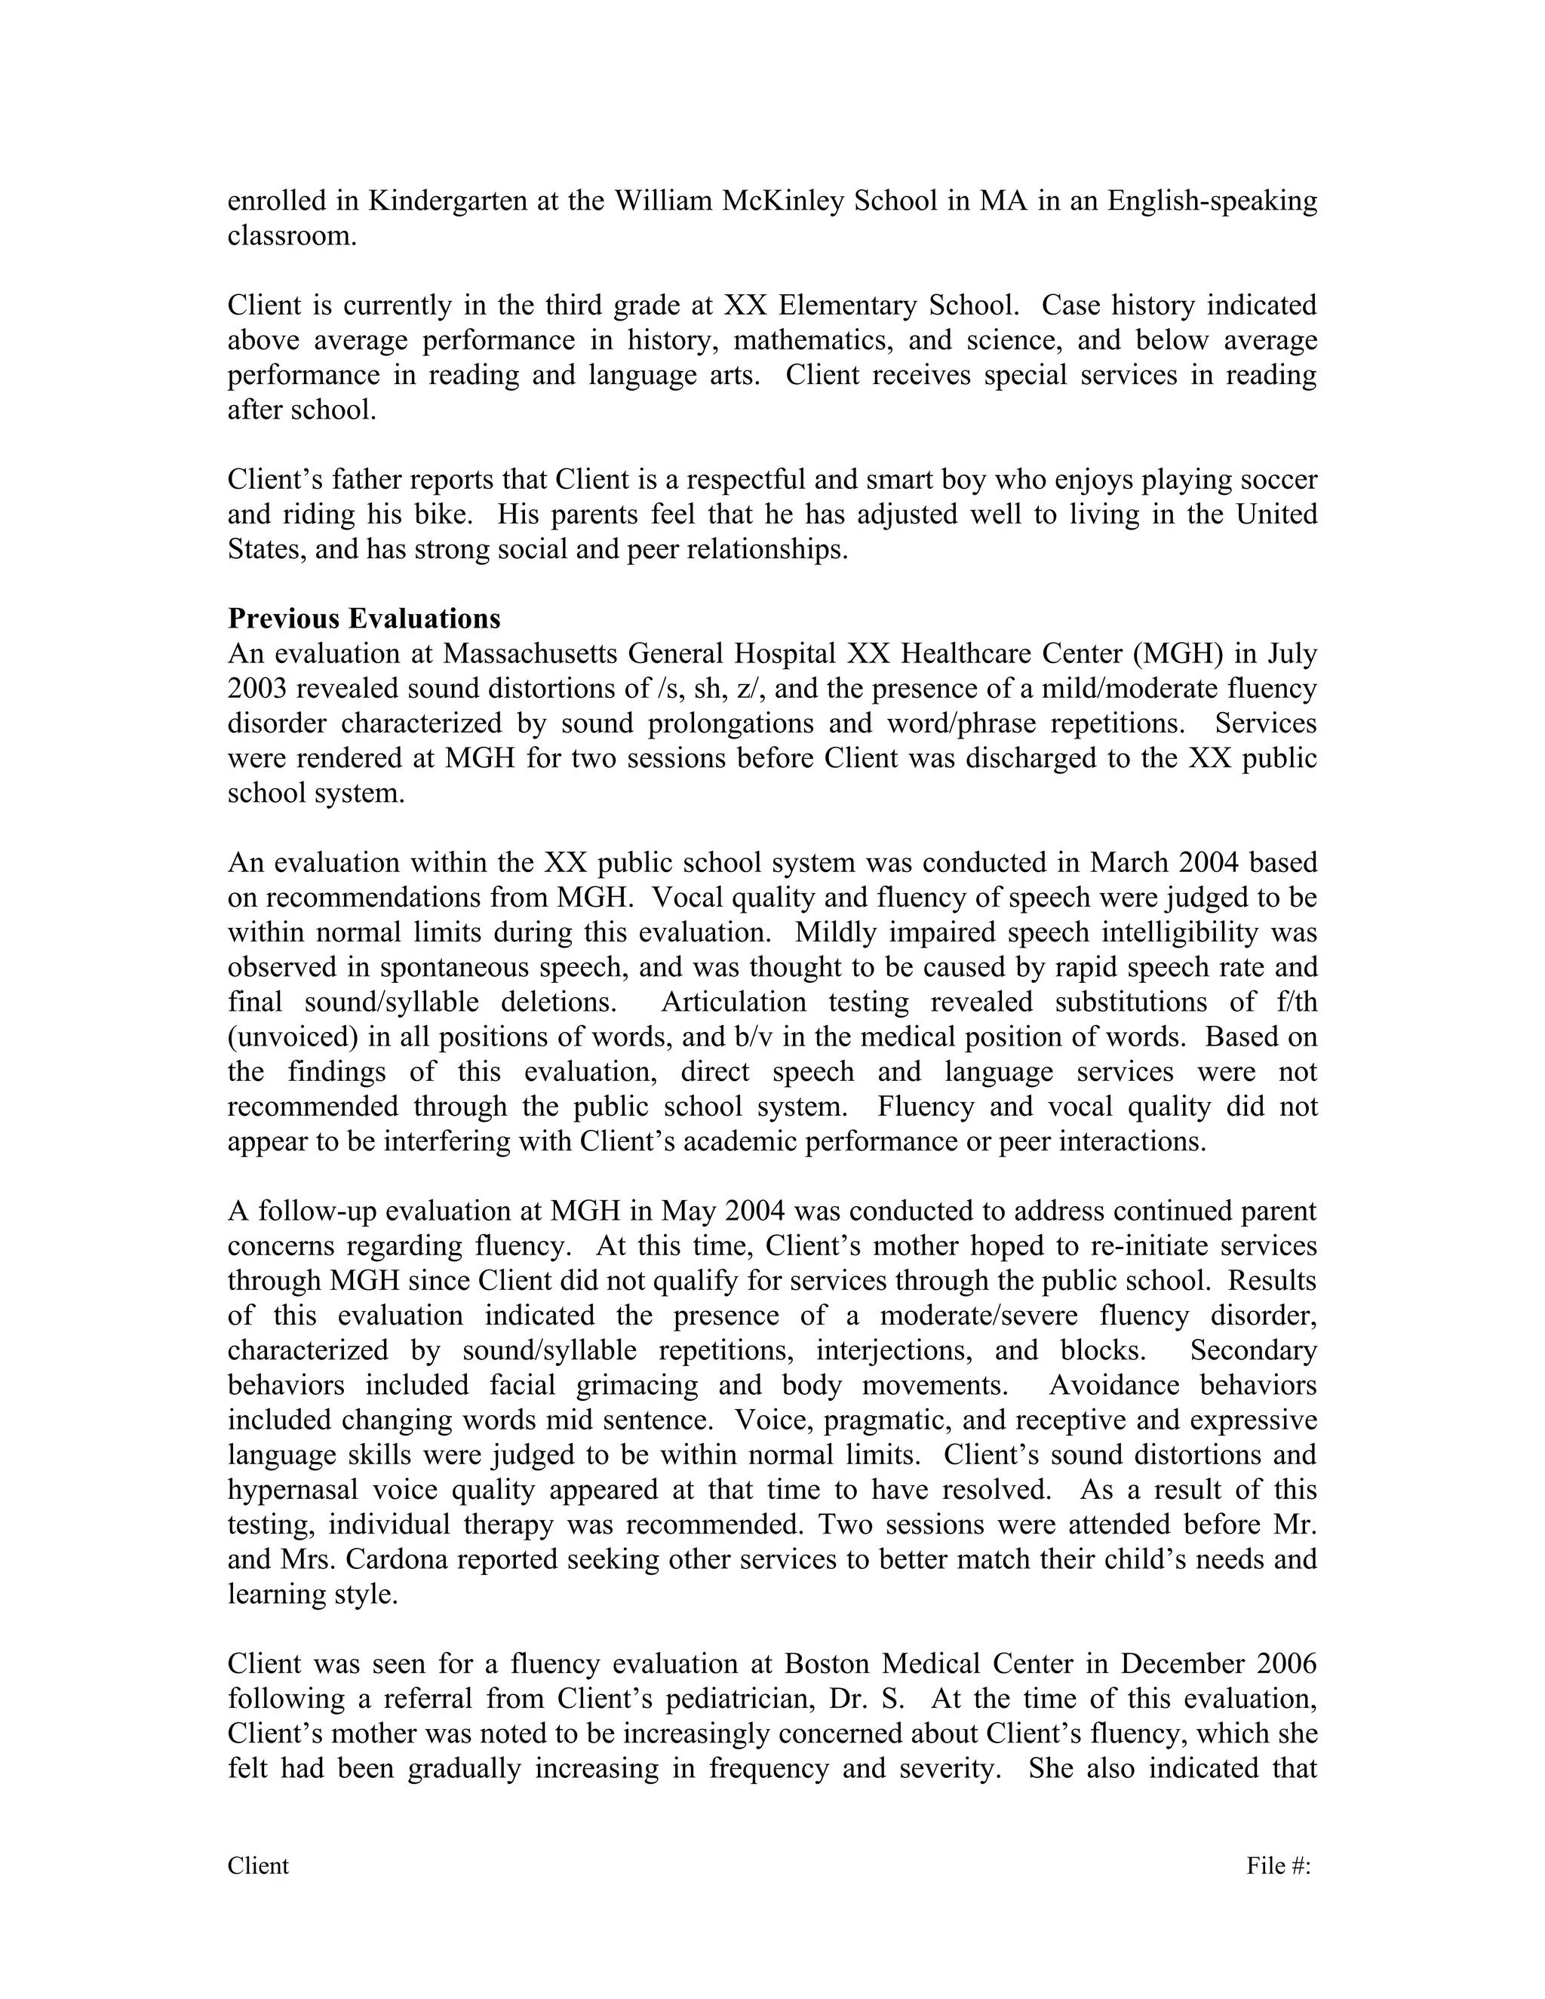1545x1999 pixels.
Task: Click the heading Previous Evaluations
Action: click(364, 619)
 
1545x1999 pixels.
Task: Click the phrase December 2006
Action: click(1218, 1663)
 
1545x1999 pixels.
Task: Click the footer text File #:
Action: click(1279, 1866)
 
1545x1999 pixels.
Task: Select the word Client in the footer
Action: click(258, 1866)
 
